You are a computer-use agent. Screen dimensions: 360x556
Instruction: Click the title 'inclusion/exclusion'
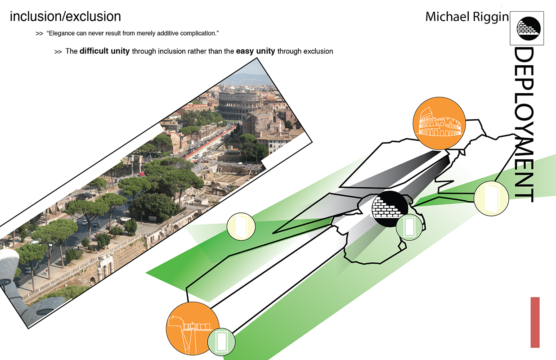point(65,17)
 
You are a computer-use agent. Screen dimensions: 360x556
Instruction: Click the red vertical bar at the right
point(534,322)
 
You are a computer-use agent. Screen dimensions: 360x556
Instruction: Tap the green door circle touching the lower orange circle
point(221,341)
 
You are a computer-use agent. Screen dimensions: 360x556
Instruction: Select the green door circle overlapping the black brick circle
point(409,226)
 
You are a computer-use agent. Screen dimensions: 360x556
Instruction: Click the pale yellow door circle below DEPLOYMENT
point(491,198)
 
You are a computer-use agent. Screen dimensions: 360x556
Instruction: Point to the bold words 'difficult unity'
point(105,51)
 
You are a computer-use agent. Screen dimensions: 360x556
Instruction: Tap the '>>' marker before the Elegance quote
point(39,34)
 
